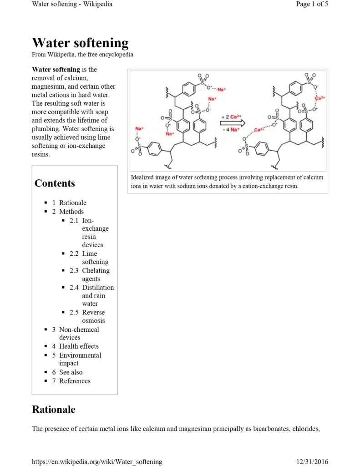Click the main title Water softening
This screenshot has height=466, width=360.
[80, 43]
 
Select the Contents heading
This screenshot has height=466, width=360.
[55, 183]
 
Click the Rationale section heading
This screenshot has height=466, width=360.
[53, 409]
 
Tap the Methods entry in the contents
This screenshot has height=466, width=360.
[71, 211]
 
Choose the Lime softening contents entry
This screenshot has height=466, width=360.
[95, 258]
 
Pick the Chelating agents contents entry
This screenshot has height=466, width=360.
[96, 274]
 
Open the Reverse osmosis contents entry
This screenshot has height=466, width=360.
[93, 316]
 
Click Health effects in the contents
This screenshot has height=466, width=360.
[79, 346]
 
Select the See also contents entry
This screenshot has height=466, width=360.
[71, 372]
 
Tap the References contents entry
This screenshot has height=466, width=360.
[75, 381]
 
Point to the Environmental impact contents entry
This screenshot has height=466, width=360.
[80, 359]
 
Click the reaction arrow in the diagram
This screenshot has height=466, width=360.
[233, 123]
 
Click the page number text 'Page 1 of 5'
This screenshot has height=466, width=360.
[312, 4]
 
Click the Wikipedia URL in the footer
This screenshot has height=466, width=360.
[96, 461]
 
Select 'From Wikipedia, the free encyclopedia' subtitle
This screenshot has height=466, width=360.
[82, 55]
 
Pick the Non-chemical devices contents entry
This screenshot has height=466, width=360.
[79, 333]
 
